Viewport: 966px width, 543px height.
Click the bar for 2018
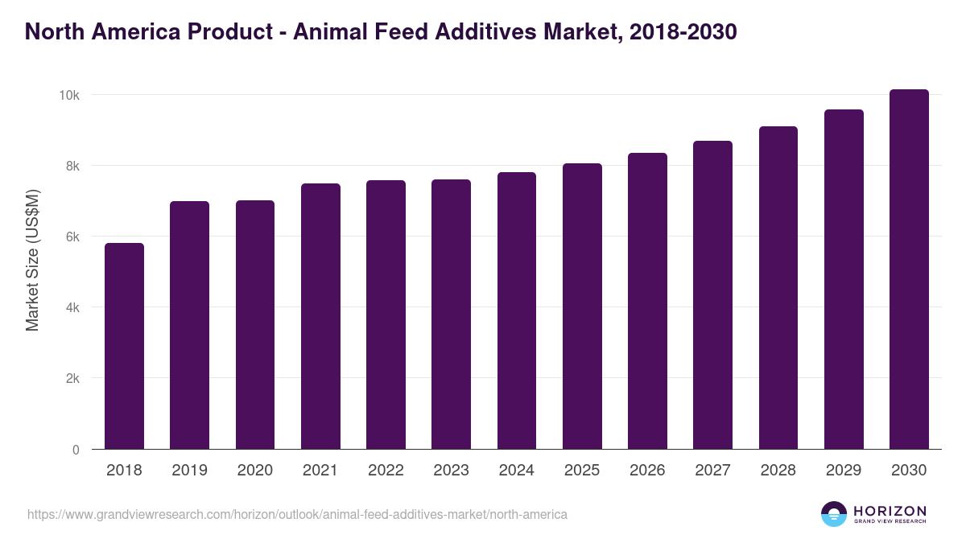click(124, 346)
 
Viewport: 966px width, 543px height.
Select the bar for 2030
click(909, 269)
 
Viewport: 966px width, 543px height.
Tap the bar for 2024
click(517, 311)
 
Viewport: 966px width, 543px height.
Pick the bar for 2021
click(320, 316)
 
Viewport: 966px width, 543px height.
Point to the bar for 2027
click(712, 295)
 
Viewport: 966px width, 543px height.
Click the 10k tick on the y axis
click(68, 95)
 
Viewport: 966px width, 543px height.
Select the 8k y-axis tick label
click(72, 166)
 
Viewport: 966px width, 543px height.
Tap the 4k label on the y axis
click(72, 307)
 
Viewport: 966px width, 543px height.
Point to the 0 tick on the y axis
click(76, 450)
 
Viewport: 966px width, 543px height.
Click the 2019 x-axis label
click(189, 471)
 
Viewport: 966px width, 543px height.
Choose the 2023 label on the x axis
click(451, 471)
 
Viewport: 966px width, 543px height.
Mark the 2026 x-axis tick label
click(647, 471)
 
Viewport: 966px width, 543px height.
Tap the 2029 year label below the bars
click(844, 471)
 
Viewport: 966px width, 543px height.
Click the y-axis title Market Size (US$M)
click(32, 260)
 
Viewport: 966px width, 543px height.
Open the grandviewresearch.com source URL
click(297, 514)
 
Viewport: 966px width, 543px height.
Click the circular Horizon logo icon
click(834, 514)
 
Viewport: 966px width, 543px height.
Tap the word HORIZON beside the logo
click(890, 510)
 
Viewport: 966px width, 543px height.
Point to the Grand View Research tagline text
click(890, 522)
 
